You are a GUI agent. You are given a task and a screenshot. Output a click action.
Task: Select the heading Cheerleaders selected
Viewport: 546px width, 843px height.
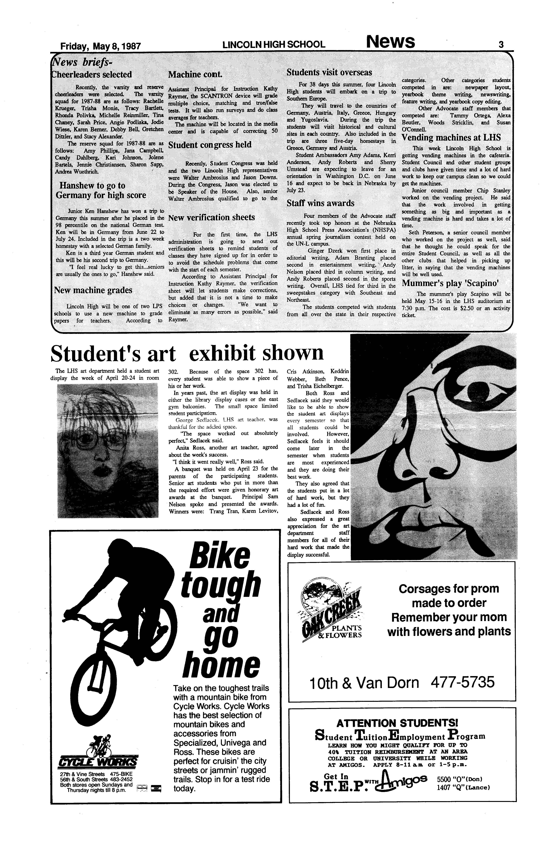(x=91, y=74)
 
